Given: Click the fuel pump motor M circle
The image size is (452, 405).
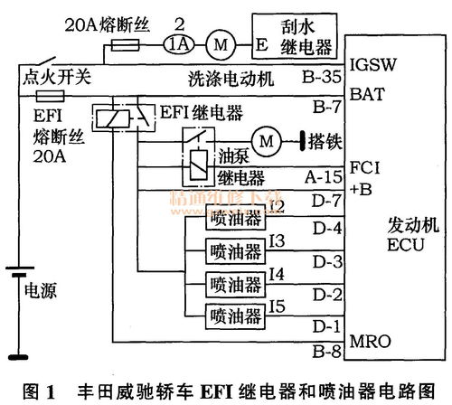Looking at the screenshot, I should [x=266, y=139].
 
